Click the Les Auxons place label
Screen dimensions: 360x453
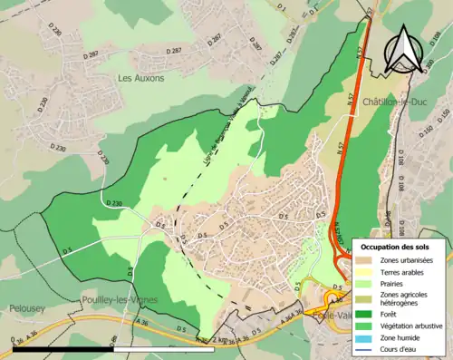click(140, 78)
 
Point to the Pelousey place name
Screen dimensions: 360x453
click(20, 308)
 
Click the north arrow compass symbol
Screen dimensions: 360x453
click(404, 47)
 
